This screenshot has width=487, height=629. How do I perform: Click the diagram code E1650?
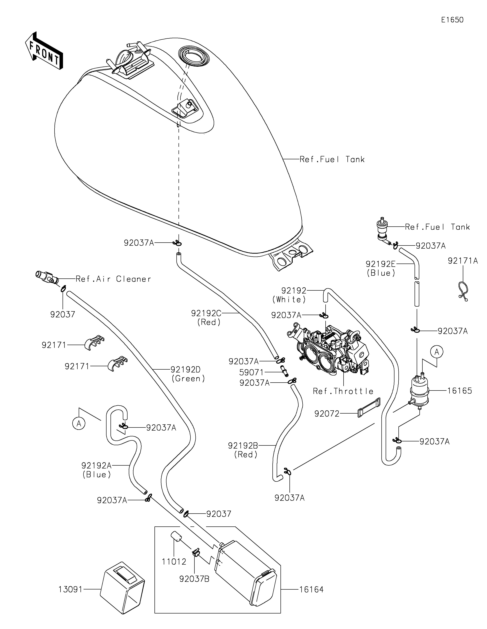coord(452,20)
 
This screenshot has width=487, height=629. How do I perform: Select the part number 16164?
coord(311,589)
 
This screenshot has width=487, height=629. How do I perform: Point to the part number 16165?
coord(460,391)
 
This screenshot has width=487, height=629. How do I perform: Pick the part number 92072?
coord(327,414)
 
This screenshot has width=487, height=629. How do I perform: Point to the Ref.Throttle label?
coord(343,391)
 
